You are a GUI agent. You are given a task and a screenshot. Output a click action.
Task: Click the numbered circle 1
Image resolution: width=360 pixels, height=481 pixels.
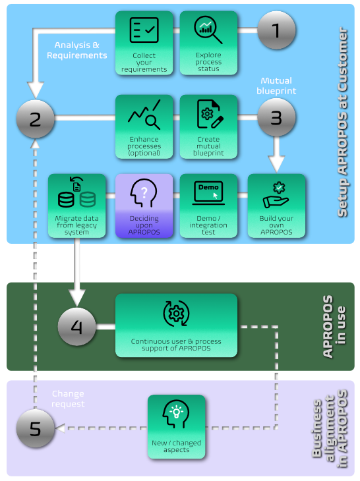click(x=276, y=30)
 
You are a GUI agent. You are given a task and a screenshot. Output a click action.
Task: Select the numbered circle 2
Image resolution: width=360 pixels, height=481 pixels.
click(x=36, y=119)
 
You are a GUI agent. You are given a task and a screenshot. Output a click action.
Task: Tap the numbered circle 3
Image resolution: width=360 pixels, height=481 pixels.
click(x=276, y=119)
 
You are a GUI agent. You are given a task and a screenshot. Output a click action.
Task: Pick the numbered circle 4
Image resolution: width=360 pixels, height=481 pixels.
click(x=77, y=327)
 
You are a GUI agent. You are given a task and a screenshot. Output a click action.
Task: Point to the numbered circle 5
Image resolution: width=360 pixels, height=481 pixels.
click(x=36, y=430)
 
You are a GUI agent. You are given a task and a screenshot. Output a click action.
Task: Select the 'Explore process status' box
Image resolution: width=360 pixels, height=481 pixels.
click(x=208, y=43)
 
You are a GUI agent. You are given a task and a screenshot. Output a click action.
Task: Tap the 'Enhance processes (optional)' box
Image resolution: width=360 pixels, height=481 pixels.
click(x=144, y=127)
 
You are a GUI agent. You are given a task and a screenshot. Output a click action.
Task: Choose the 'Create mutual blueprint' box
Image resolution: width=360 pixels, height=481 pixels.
click(x=208, y=127)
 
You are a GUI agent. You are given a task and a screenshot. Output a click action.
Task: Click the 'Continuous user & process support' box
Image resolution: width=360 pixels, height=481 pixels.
click(x=176, y=326)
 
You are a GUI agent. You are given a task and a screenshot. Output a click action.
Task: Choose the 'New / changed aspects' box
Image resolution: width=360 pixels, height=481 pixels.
click(x=176, y=427)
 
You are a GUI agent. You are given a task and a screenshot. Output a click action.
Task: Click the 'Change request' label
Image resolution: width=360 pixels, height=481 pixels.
click(x=69, y=399)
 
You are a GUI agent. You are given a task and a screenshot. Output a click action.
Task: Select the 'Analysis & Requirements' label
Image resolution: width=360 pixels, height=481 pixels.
click(x=76, y=50)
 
